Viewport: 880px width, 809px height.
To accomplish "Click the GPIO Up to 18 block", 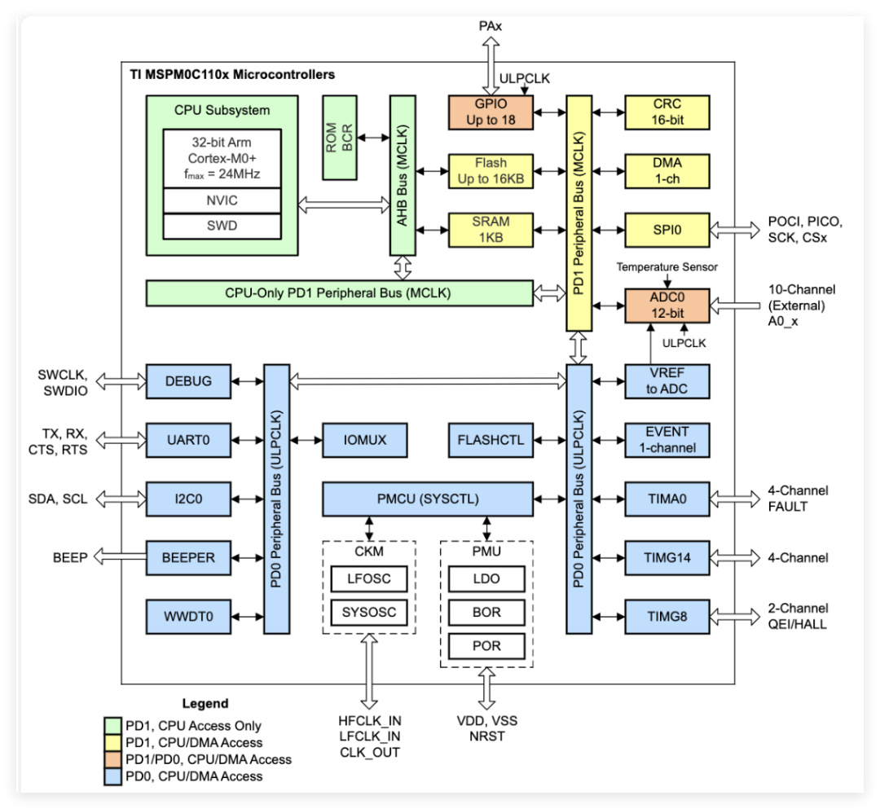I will pyautogui.click(x=490, y=112).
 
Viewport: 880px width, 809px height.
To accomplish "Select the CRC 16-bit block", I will pyautogui.click(x=667, y=112).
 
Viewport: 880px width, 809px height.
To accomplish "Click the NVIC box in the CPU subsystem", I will pyautogui.click(x=221, y=200).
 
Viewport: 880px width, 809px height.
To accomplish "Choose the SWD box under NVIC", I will pyautogui.click(x=221, y=226).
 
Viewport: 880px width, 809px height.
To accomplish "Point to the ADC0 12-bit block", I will pyautogui.click(x=667, y=306).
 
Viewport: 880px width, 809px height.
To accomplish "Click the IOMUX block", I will pyautogui.click(x=365, y=440).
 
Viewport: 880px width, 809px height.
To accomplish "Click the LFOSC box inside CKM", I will pyautogui.click(x=369, y=578).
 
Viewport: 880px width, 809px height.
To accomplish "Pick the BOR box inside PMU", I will pyautogui.click(x=486, y=612).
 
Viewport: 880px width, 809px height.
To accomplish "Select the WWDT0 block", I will pyautogui.click(x=187, y=616).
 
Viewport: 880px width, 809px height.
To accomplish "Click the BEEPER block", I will pyautogui.click(x=187, y=557).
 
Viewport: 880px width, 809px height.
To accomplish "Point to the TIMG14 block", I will pyautogui.click(x=667, y=557).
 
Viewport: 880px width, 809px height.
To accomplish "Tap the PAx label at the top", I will pyautogui.click(x=490, y=26).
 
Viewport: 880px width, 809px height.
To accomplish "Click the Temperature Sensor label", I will pyautogui.click(x=666, y=266).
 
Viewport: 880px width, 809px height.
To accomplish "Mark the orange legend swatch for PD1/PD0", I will pyautogui.click(x=112, y=759).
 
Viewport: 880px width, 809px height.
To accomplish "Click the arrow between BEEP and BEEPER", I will pyautogui.click(x=119, y=557).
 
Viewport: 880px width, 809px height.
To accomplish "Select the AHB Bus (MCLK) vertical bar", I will pyautogui.click(x=402, y=176).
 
